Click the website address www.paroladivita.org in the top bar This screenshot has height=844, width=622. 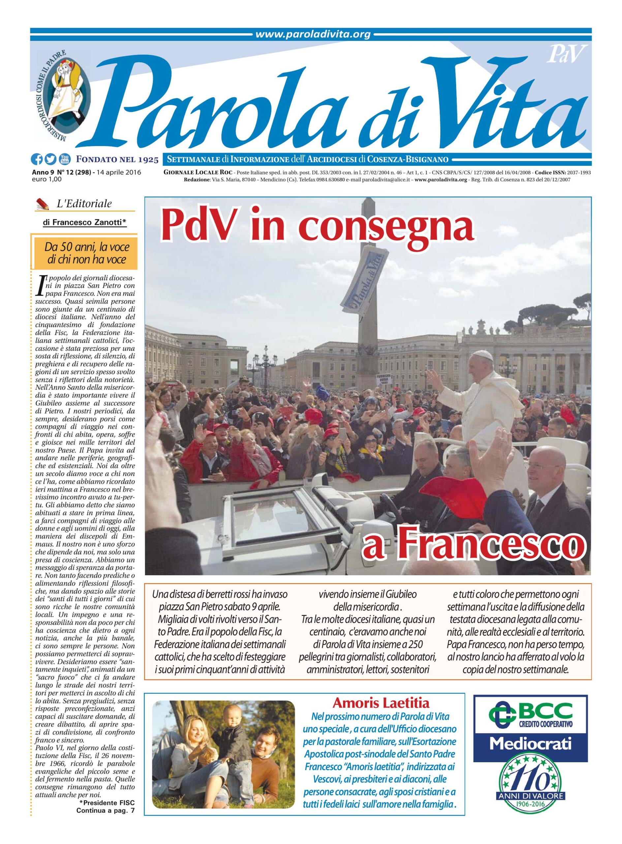coord(313,35)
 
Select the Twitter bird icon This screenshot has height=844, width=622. coord(50,160)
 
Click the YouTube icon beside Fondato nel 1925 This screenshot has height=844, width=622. coord(64,160)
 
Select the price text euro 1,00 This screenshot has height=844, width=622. coord(47,179)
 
